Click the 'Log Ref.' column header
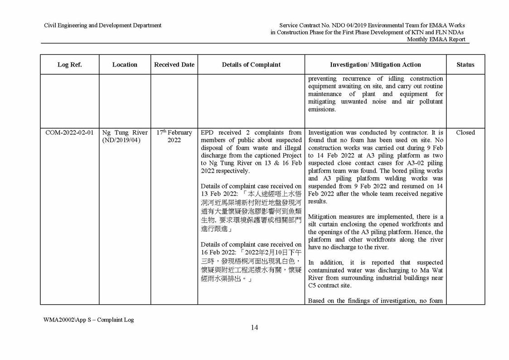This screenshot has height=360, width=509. [x=69, y=65]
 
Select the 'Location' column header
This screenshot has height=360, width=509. [x=125, y=65]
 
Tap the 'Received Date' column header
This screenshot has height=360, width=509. [x=174, y=65]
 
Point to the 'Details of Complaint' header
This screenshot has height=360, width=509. [x=251, y=65]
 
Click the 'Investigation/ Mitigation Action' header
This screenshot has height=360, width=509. [x=375, y=65]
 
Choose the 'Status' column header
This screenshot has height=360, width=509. [x=465, y=65]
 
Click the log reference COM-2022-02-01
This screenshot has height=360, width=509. [x=69, y=133]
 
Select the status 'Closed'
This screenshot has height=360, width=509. [x=465, y=133]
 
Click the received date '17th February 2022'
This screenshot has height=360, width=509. [x=174, y=136]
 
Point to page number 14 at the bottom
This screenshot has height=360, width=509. [x=254, y=328]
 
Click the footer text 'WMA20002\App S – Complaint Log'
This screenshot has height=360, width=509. [x=89, y=320]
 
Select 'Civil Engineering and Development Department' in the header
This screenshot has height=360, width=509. [x=102, y=25]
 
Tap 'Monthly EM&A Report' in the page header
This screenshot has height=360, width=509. [x=436, y=39]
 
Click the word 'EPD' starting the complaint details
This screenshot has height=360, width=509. [x=208, y=133]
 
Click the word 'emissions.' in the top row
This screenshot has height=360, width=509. [x=322, y=110]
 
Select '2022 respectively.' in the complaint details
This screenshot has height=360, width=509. [x=225, y=171]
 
